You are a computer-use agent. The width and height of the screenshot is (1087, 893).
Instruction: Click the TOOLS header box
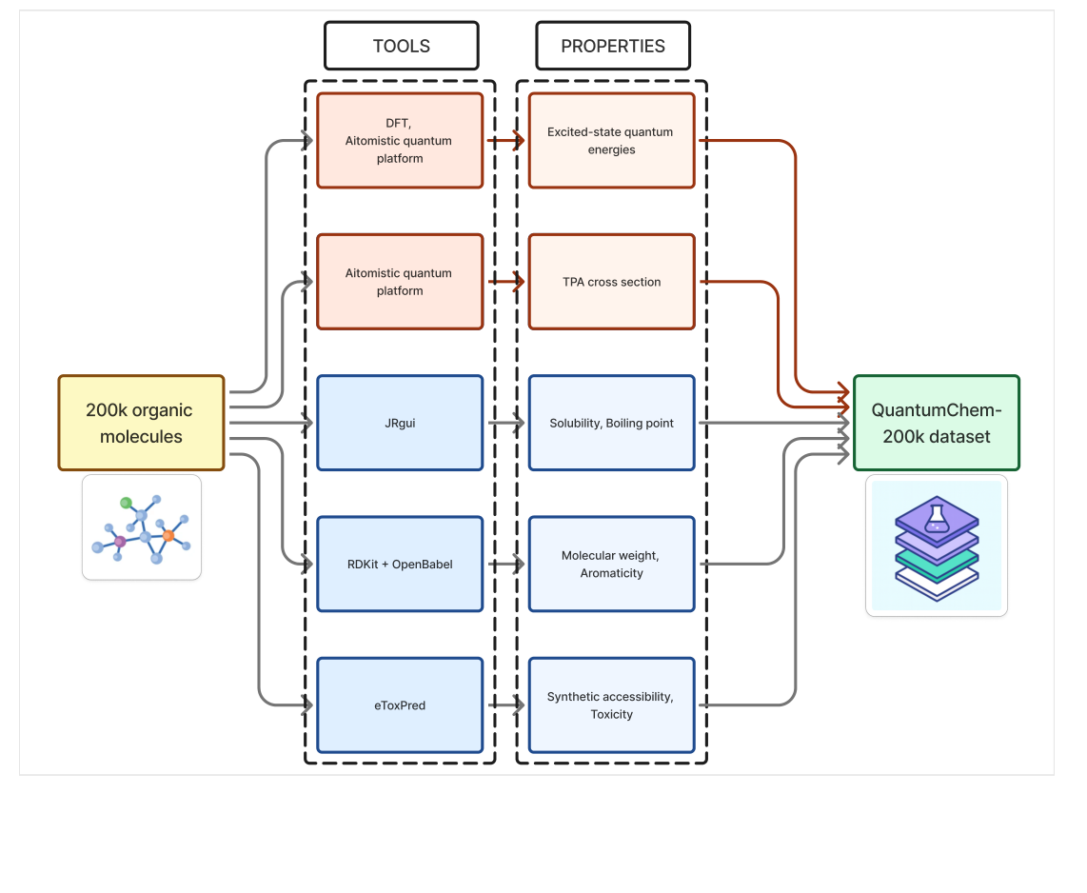pyautogui.click(x=401, y=46)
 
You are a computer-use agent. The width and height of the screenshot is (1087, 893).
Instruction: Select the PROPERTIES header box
pyautogui.click(x=612, y=46)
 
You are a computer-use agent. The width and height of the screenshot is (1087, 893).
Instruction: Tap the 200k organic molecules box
pyautogui.click(x=141, y=423)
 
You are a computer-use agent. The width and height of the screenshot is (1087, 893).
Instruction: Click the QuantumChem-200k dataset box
pyautogui.click(x=936, y=423)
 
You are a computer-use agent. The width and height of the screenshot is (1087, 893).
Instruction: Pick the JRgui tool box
pyautogui.click(x=400, y=423)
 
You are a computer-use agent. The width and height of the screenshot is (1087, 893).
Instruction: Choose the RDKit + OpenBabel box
pyautogui.click(x=400, y=564)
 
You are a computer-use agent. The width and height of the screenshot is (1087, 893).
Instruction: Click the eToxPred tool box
pyautogui.click(x=400, y=704)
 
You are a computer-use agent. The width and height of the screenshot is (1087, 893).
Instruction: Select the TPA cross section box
pyautogui.click(x=611, y=282)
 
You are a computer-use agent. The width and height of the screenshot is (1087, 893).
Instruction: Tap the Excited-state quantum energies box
pyautogui.click(x=611, y=141)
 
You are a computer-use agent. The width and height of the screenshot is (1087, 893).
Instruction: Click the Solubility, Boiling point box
pyautogui.click(x=611, y=423)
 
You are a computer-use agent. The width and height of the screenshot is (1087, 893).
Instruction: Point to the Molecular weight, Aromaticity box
pyautogui.click(x=611, y=564)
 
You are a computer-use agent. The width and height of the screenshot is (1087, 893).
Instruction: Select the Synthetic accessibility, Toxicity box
pyautogui.click(x=611, y=704)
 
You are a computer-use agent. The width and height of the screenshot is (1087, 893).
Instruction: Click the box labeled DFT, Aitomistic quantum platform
pyautogui.click(x=400, y=141)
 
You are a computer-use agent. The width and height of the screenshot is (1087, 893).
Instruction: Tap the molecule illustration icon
pyautogui.click(x=142, y=526)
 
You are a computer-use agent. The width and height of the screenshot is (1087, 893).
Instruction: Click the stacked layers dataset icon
pyautogui.click(x=937, y=546)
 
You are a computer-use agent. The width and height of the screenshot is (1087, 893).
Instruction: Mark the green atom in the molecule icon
pyautogui.click(x=126, y=502)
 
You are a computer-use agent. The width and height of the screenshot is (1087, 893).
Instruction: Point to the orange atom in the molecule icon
pyautogui.click(x=168, y=535)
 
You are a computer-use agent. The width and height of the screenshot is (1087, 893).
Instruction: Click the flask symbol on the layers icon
pyautogui.click(x=937, y=517)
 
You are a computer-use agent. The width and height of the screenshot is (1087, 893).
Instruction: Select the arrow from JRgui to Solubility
pyautogui.click(x=505, y=423)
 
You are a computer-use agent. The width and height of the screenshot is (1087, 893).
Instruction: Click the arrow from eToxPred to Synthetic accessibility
pyautogui.click(x=505, y=704)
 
